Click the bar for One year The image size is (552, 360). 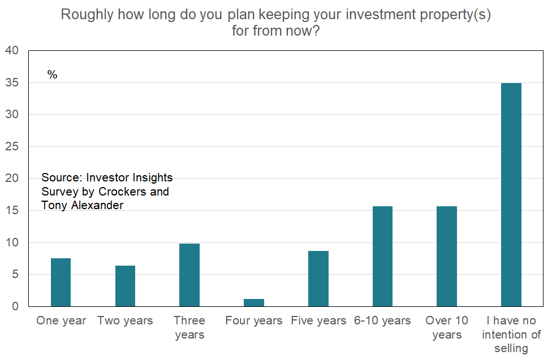pyautogui.click(x=61, y=282)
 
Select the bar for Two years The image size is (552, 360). pyautogui.click(x=125, y=286)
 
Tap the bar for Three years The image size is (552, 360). pyautogui.click(x=189, y=275)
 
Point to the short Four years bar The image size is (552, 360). pyautogui.click(x=254, y=302)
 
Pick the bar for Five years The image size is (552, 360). pyautogui.click(x=318, y=279)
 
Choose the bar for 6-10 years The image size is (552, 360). pyautogui.click(x=382, y=256)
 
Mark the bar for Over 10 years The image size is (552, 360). pyautogui.click(x=447, y=256)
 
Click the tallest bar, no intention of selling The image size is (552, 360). pyautogui.click(x=511, y=194)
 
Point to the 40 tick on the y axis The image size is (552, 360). pyautogui.click(x=12, y=51)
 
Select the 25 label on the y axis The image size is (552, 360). pyautogui.click(x=12, y=146)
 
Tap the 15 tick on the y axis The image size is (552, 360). pyautogui.click(x=12, y=211)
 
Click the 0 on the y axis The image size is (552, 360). pyautogui.click(x=16, y=306)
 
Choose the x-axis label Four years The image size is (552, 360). pyautogui.click(x=254, y=321)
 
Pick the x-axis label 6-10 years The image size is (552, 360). pyautogui.click(x=382, y=321)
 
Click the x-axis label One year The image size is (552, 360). pyautogui.click(x=61, y=321)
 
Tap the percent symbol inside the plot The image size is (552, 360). pyautogui.click(x=52, y=75)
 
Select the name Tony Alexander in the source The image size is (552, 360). pyautogui.click(x=83, y=205)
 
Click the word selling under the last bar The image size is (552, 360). pyautogui.click(x=511, y=349)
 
